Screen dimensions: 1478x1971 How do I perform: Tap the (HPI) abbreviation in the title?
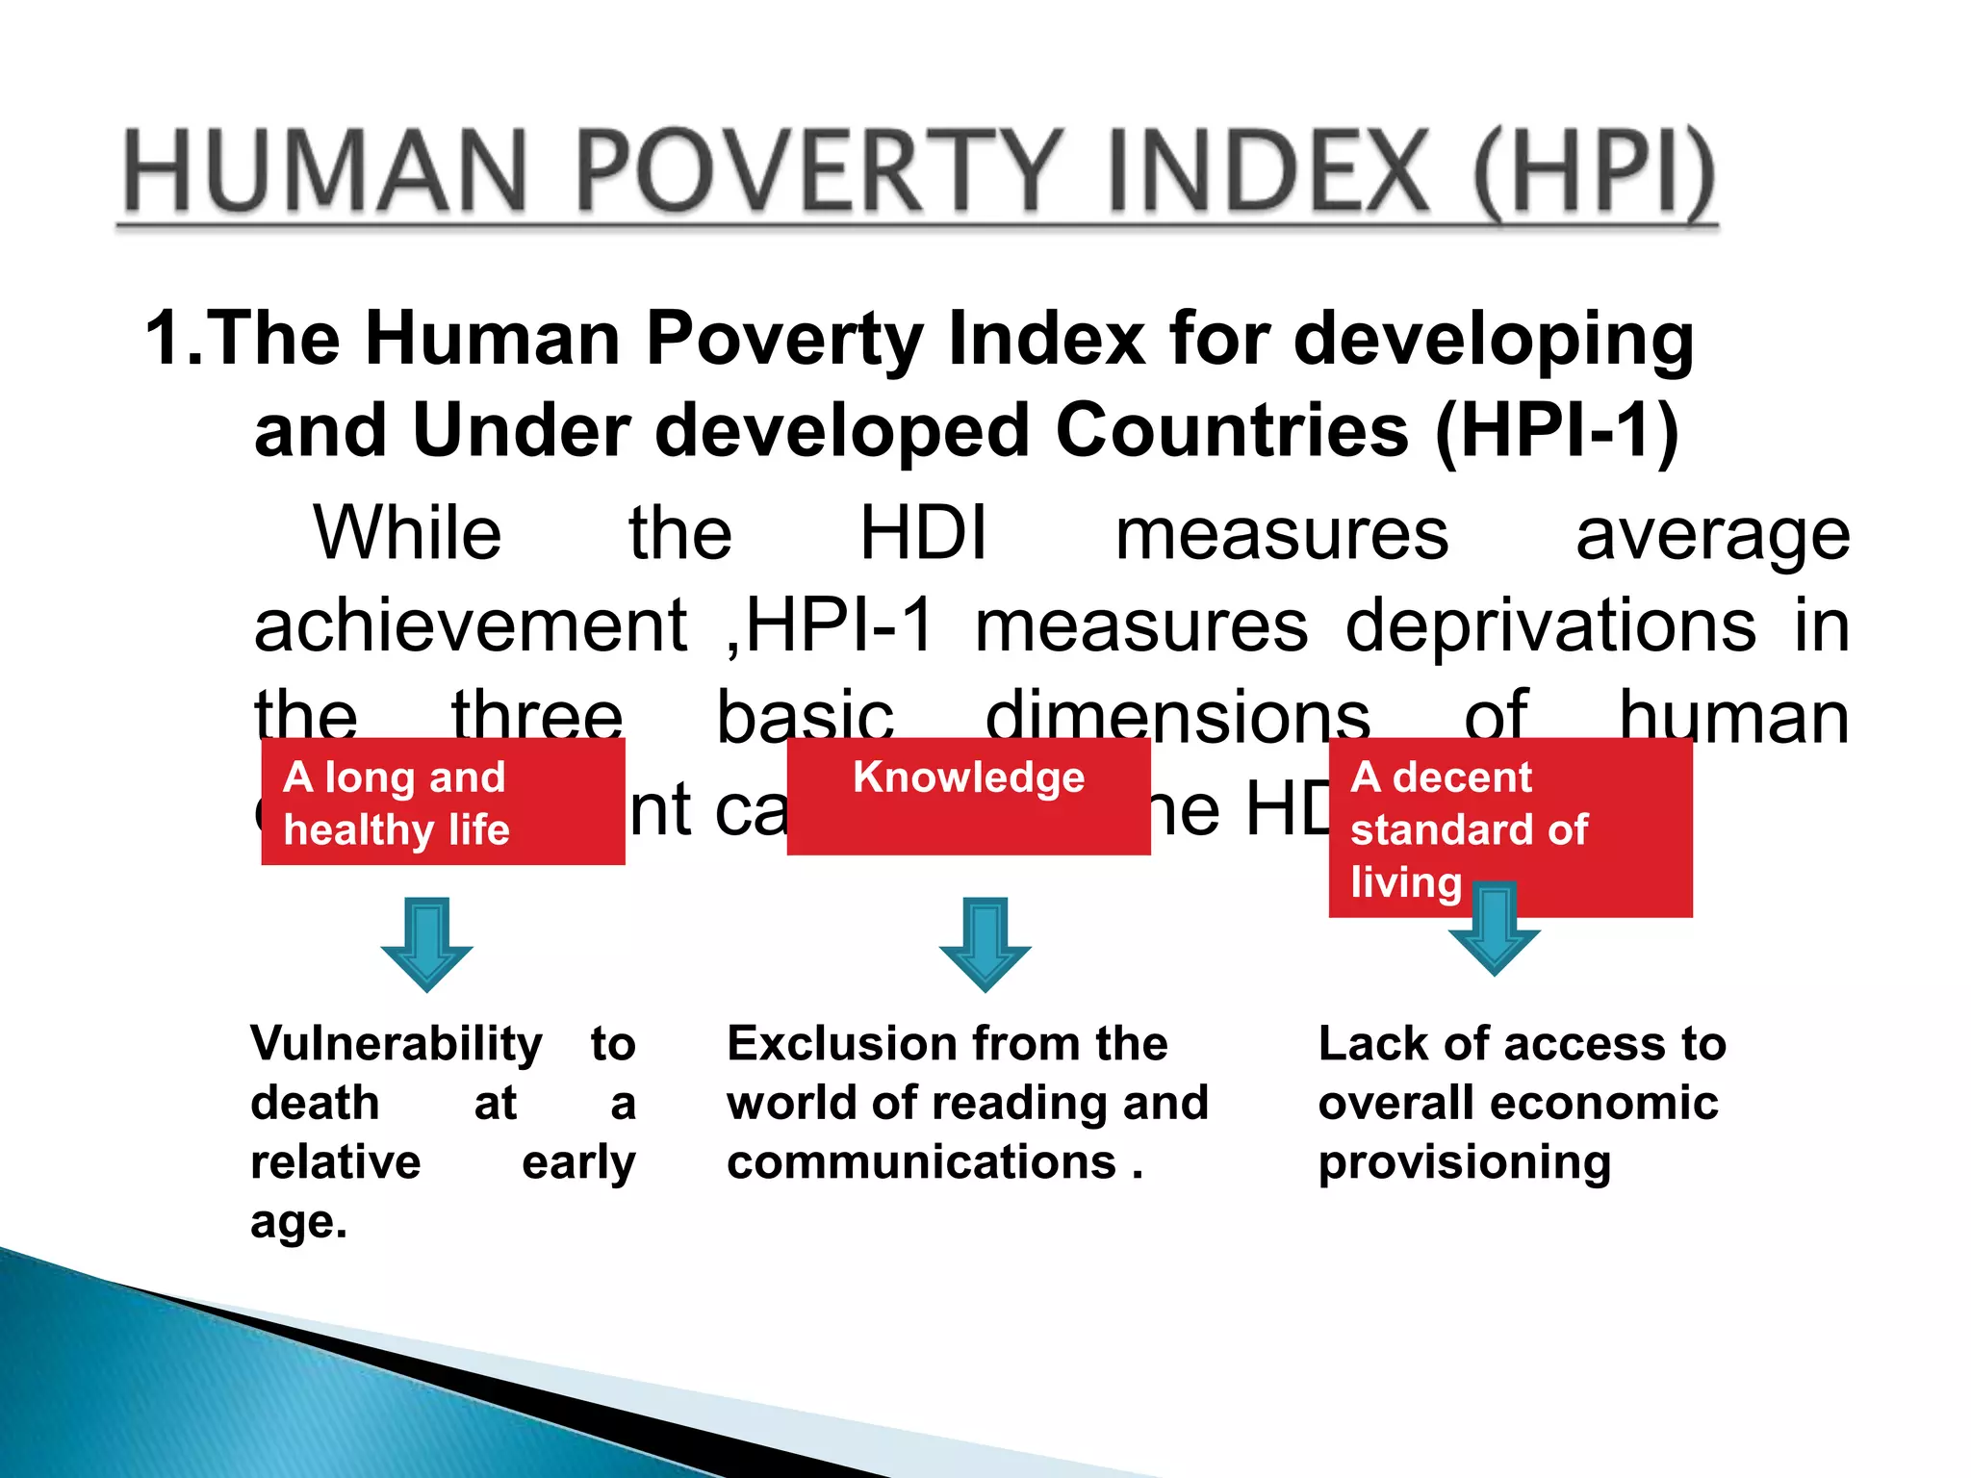(x=1594, y=173)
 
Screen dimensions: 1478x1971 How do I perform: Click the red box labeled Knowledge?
(x=968, y=797)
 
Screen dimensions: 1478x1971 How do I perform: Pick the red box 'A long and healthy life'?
(x=443, y=803)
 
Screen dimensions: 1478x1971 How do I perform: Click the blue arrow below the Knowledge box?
(x=985, y=944)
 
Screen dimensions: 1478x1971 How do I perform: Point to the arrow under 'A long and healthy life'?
(x=426, y=944)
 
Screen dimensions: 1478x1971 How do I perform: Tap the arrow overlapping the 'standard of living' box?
(x=1494, y=928)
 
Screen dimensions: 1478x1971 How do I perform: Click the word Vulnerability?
(x=397, y=1045)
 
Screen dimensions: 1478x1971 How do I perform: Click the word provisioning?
(x=1464, y=1164)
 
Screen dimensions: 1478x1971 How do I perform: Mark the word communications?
(x=921, y=1162)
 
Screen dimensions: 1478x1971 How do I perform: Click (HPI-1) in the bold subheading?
(x=1556, y=431)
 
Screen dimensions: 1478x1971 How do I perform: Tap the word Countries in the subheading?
(x=1233, y=430)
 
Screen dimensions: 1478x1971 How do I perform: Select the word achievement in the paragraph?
(x=471, y=626)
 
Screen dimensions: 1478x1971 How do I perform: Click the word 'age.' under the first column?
(x=298, y=1223)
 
